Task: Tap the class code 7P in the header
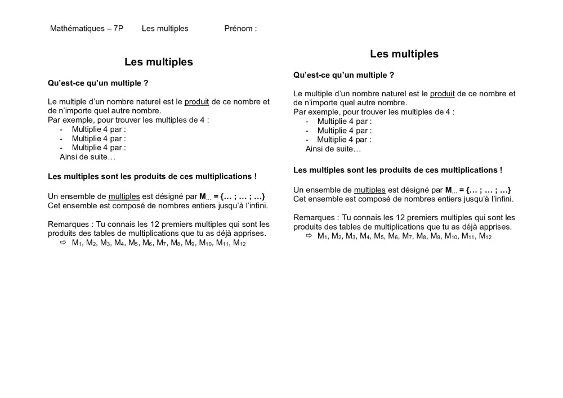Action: [x=118, y=28]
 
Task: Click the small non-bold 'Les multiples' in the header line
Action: [x=165, y=28]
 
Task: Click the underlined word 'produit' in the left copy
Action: [x=196, y=102]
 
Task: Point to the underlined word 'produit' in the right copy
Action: [x=442, y=94]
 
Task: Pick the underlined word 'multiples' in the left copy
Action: [x=124, y=196]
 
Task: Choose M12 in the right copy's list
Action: [x=485, y=236]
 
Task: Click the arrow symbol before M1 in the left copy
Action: [x=62, y=243]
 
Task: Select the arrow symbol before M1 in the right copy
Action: [x=309, y=236]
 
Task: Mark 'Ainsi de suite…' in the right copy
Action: [x=333, y=149]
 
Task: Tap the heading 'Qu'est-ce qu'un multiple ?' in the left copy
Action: [x=98, y=83]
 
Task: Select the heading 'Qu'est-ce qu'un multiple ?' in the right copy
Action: [x=343, y=75]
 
